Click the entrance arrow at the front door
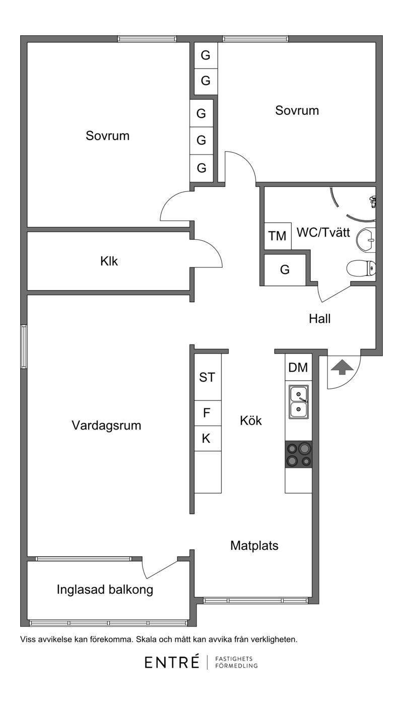[x=342, y=367]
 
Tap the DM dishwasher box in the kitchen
[x=298, y=368]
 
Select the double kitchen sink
[x=299, y=402]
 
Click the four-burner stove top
[x=299, y=454]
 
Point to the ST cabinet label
[x=207, y=378]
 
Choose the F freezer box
[x=207, y=413]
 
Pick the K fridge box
[x=206, y=439]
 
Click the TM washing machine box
[x=278, y=236]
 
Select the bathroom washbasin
[x=367, y=240]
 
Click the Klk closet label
[x=109, y=261]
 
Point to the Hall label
[x=319, y=319]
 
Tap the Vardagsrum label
[x=106, y=426]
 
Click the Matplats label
[x=254, y=545]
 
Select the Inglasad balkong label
[x=105, y=590]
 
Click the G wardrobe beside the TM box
[x=285, y=270]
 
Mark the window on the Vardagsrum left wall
[x=24, y=346]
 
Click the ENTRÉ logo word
[x=172, y=663]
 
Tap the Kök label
[x=251, y=420]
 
